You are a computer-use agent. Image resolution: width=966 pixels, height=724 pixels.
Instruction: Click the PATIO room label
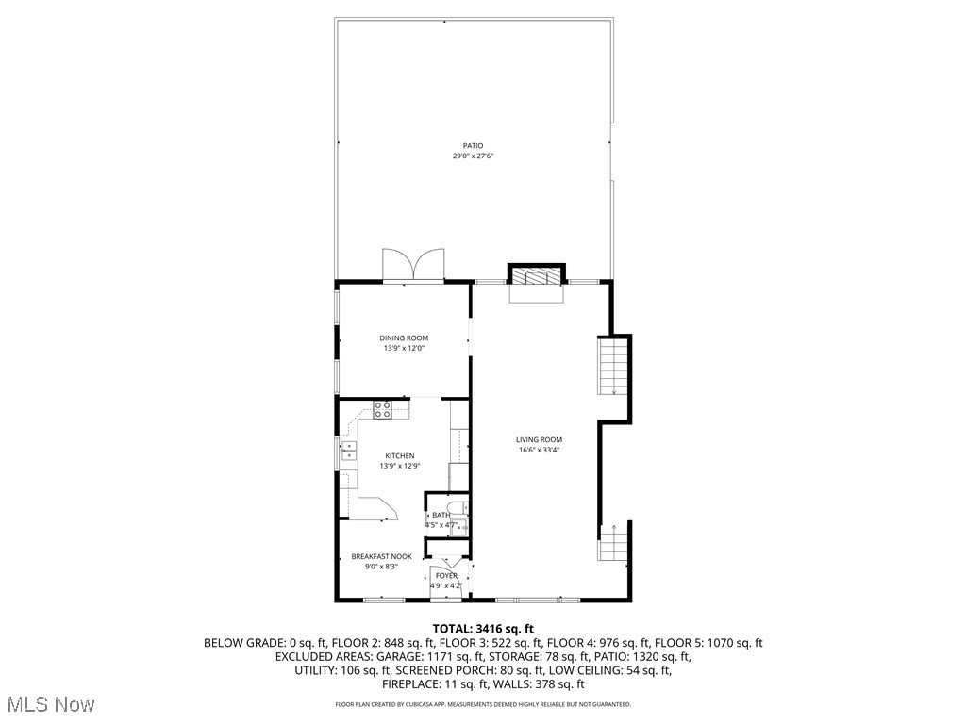tap(473, 145)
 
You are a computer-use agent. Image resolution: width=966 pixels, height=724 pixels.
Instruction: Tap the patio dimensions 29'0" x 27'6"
tap(473, 156)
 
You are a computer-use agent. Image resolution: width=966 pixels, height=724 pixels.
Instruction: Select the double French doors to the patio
tap(412, 265)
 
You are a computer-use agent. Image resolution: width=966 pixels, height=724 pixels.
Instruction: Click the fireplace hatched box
tap(538, 275)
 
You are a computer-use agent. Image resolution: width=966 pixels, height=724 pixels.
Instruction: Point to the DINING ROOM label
tap(404, 338)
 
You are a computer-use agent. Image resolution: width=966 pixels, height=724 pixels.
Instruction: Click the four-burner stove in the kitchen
tap(383, 409)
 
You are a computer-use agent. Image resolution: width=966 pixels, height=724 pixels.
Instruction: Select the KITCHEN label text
tap(399, 455)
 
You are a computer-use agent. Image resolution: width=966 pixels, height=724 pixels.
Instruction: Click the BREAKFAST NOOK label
tap(381, 556)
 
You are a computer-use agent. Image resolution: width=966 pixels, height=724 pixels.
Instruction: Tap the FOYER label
tap(446, 575)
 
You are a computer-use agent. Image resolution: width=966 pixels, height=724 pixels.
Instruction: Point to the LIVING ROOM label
tap(539, 439)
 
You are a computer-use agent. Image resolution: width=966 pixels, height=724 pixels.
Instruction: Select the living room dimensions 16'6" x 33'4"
tap(539, 451)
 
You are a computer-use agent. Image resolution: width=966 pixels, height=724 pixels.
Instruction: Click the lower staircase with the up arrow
tap(613, 544)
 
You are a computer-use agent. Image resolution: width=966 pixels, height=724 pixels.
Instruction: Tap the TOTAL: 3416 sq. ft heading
tap(483, 628)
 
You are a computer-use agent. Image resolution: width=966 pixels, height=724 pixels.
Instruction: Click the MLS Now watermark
tap(47, 704)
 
